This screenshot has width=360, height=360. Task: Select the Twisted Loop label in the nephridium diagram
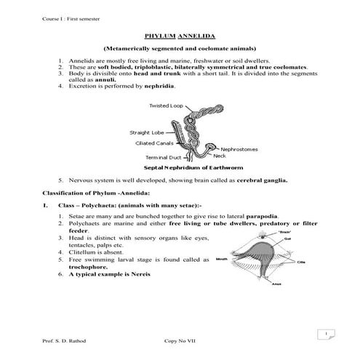pos(165,105)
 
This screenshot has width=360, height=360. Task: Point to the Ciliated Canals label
pos(153,143)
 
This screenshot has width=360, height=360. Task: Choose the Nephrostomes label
pos(239,148)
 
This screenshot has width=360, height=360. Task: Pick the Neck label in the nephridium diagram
pos(220,156)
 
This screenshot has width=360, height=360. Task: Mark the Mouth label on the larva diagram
pos(223,259)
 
